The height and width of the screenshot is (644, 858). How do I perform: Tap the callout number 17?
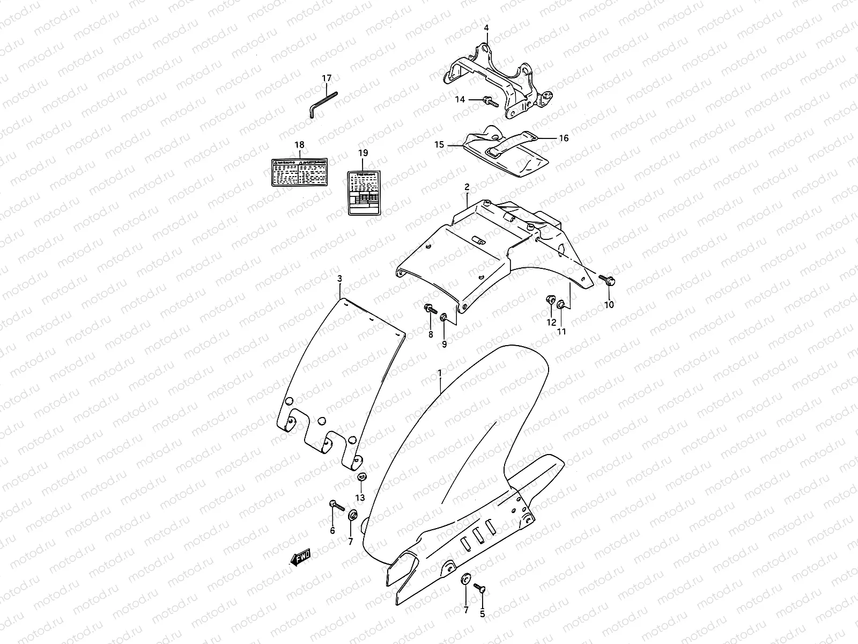[x=327, y=78]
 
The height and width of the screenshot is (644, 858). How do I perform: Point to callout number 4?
[x=486, y=27]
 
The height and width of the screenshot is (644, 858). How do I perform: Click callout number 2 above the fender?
[x=467, y=187]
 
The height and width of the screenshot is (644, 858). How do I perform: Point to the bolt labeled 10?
[x=608, y=280]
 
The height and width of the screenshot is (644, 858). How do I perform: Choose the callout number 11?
[x=561, y=332]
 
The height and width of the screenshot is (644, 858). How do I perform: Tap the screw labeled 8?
[x=430, y=309]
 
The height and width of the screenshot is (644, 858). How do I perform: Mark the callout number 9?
[x=444, y=344]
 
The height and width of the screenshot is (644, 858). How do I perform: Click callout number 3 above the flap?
[x=339, y=279]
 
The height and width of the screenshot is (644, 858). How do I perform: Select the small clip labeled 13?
[x=360, y=477]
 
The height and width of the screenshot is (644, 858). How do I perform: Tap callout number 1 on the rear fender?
[x=440, y=372]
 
